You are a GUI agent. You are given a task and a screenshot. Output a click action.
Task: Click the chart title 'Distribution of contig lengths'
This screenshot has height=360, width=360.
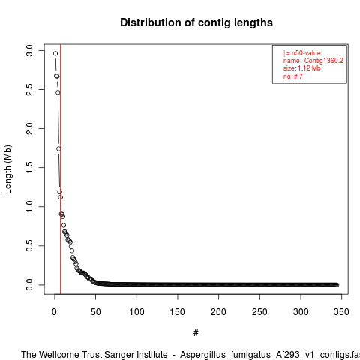pyautogui.click(x=196, y=22)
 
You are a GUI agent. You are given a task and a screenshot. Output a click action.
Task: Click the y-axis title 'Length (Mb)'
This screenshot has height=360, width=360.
pyautogui.click(x=7, y=169)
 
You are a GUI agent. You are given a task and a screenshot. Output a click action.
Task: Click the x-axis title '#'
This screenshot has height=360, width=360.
pyautogui.click(x=196, y=333)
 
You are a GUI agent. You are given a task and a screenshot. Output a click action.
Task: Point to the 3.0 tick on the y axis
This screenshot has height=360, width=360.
pyautogui.click(x=29, y=51)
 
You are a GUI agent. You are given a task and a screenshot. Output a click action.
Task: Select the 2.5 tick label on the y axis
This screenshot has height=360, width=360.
pyautogui.click(x=29, y=89)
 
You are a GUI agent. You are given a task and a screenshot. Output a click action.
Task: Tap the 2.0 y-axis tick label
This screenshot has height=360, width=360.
pyautogui.click(x=29, y=128)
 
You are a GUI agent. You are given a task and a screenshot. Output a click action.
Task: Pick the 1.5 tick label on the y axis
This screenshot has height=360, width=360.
pyautogui.click(x=29, y=167)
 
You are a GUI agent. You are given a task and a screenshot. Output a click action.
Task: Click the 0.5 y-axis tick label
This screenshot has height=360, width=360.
pyautogui.click(x=29, y=245)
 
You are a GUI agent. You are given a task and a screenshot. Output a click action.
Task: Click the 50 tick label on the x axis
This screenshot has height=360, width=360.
pyautogui.click(x=95, y=312)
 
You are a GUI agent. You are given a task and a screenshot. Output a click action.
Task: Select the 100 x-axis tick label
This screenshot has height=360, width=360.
pyautogui.click(x=136, y=312)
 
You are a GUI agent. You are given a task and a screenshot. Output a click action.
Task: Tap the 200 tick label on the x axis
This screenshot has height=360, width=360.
pyautogui.click(x=218, y=312)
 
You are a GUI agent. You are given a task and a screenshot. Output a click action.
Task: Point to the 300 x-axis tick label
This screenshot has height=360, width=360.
pyautogui.click(x=301, y=312)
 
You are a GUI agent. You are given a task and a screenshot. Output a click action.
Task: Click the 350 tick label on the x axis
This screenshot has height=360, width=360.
pyautogui.click(x=341, y=312)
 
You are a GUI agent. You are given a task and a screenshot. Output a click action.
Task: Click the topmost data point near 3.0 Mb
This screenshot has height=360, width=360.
pyautogui.click(x=55, y=53)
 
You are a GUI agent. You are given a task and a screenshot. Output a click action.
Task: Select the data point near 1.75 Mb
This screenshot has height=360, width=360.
pyautogui.click(x=58, y=148)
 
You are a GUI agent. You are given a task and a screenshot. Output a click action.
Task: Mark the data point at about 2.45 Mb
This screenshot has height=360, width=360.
pyautogui.click(x=58, y=92)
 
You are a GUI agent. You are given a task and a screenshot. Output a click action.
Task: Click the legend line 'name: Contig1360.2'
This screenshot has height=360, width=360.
pyautogui.click(x=313, y=61)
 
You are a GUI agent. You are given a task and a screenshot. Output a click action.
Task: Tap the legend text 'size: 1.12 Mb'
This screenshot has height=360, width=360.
pyautogui.click(x=301, y=68)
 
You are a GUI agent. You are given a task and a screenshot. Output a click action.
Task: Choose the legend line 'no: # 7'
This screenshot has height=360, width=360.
pyautogui.click(x=292, y=76)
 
